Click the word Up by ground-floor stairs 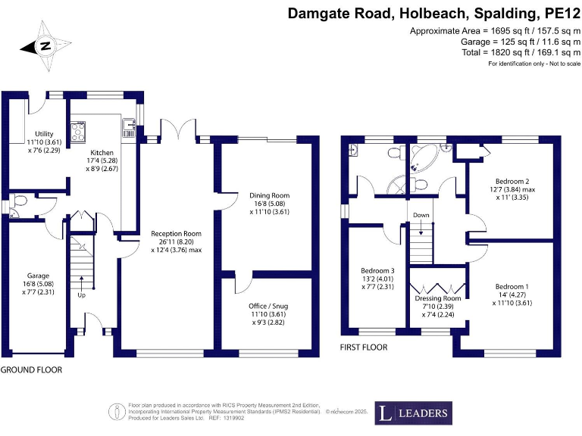coord(82,295)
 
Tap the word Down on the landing coord(421,215)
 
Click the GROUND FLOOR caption coord(31,370)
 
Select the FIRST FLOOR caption coord(364,347)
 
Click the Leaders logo coord(413,413)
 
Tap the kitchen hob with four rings coord(77,132)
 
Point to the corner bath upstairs coord(421,159)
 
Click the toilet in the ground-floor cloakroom coord(20,201)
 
